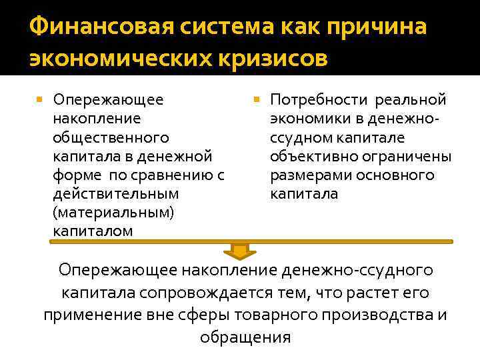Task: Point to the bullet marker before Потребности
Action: (258, 100)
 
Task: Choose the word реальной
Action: (411, 100)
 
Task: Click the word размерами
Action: (308, 175)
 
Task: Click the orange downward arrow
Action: (239, 250)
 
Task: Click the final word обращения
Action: (245, 337)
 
